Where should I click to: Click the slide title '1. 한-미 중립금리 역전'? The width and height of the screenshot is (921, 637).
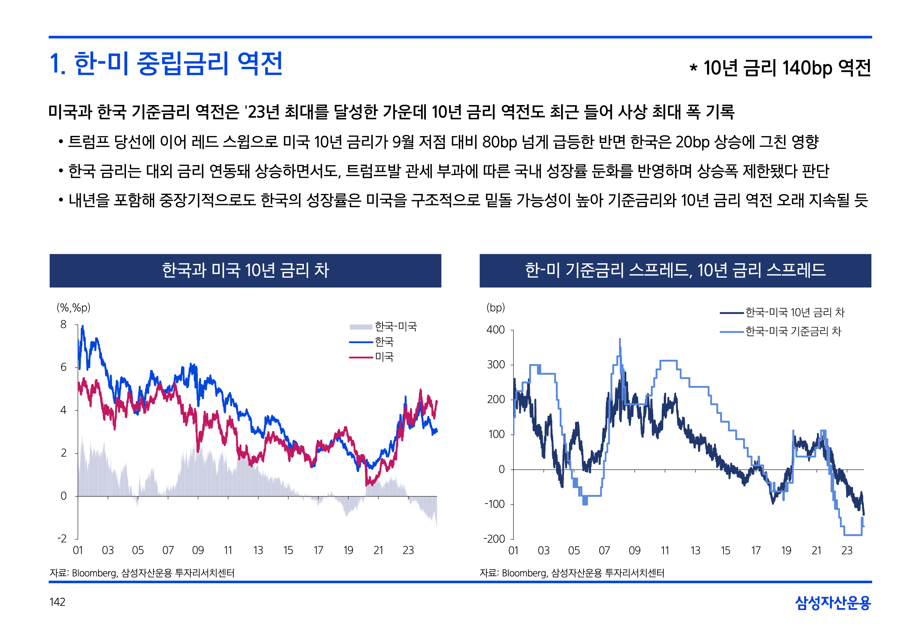(x=166, y=64)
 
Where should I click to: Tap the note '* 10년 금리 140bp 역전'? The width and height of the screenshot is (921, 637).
(x=780, y=68)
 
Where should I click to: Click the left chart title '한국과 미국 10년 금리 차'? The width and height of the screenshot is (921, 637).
(x=245, y=270)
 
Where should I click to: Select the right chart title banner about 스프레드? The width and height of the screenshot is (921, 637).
(x=675, y=270)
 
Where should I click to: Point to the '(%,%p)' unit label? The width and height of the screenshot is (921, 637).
(x=73, y=308)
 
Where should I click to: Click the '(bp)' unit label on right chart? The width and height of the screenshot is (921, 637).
(x=495, y=308)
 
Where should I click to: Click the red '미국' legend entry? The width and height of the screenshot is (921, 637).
(x=384, y=357)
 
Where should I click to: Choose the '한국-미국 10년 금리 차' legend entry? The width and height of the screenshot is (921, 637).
(x=795, y=313)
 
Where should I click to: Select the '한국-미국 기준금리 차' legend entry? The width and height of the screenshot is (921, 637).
(x=793, y=331)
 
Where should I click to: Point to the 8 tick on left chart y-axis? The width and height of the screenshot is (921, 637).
(x=63, y=324)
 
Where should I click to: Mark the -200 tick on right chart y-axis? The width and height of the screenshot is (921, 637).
(x=495, y=539)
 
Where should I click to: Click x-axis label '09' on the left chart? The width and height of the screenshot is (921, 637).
(x=198, y=550)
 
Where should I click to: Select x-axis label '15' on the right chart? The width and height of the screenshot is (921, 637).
(x=725, y=551)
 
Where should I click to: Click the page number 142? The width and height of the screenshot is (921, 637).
(x=58, y=602)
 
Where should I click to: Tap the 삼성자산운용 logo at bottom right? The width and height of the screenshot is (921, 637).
(x=833, y=603)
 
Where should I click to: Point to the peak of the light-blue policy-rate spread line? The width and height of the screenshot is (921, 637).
(x=619, y=339)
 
